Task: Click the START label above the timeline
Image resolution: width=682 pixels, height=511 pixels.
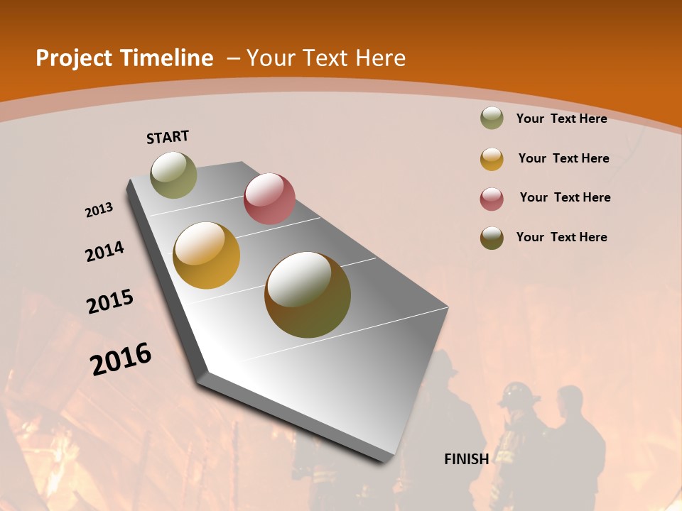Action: tap(168, 137)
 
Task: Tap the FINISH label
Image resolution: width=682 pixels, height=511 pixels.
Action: tap(466, 459)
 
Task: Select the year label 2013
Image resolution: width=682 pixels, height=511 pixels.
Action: tap(99, 210)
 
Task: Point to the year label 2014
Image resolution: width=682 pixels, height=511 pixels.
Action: tap(104, 251)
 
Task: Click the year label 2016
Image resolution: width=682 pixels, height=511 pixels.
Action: tap(121, 359)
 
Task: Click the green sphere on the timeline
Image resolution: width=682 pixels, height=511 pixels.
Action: tap(173, 175)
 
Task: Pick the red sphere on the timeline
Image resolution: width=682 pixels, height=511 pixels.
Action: tap(269, 198)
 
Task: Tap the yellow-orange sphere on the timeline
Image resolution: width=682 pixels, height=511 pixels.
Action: tap(207, 255)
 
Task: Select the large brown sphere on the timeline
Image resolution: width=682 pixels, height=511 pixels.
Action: tap(308, 295)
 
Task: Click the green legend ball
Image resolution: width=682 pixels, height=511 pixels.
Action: tap(492, 119)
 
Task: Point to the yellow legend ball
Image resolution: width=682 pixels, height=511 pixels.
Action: tap(492, 159)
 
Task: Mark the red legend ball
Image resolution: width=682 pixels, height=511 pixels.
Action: tap(492, 199)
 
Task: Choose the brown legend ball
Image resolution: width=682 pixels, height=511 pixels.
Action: tap(492, 238)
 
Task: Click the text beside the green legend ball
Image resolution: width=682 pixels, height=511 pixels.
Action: tap(561, 119)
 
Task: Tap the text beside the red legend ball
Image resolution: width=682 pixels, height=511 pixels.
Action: tap(565, 197)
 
